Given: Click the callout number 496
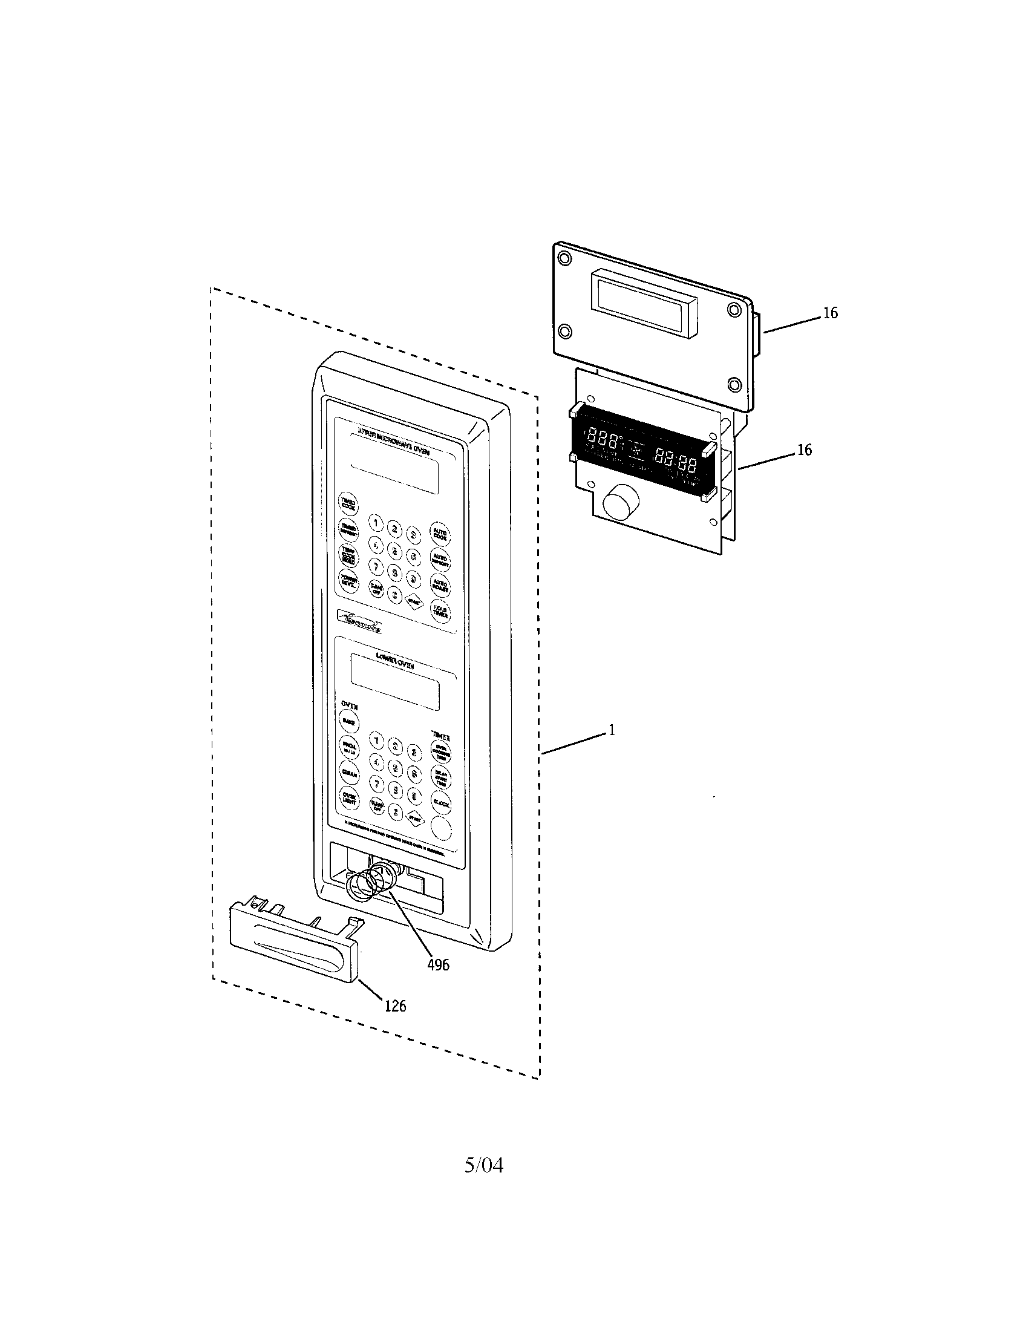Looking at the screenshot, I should [x=438, y=964].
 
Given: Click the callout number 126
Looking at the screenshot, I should [x=396, y=1006].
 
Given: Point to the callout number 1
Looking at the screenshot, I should [x=612, y=730].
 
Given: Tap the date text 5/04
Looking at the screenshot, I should [x=484, y=1165].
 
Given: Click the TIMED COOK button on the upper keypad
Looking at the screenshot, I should [x=348, y=504].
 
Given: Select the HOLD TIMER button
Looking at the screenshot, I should [x=440, y=611].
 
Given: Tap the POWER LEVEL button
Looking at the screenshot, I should [x=349, y=580].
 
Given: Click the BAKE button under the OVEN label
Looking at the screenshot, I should [x=349, y=722].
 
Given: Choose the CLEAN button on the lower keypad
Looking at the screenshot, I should [x=350, y=773].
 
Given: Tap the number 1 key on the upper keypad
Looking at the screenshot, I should [x=376, y=523].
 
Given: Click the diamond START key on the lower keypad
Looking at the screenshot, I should [x=415, y=818].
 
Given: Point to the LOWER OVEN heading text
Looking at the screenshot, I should [x=395, y=666].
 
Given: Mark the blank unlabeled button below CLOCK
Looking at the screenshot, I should [x=441, y=829].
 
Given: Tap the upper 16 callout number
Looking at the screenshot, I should [x=831, y=313].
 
